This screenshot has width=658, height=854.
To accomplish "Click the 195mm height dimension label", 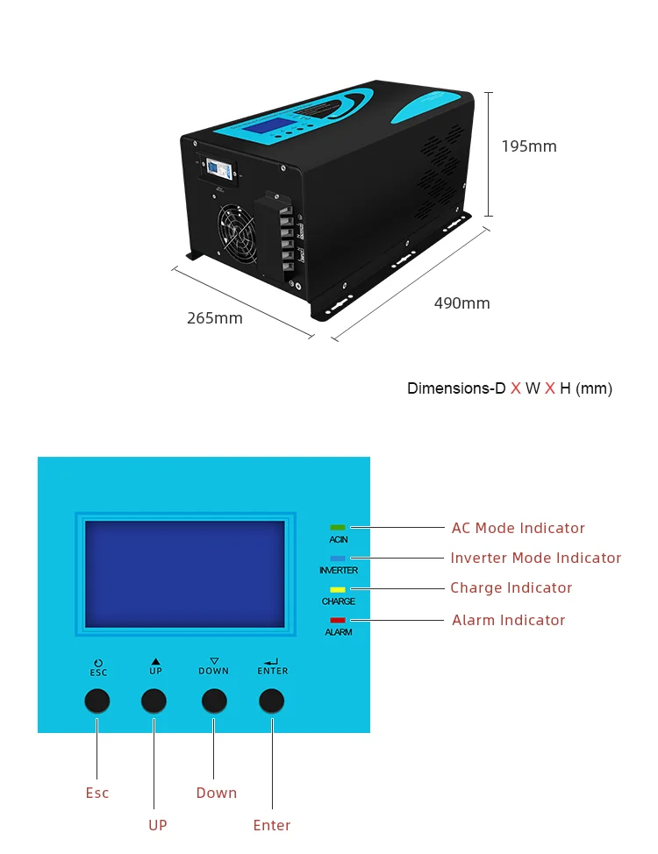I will pyautogui.click(x=529, y=146).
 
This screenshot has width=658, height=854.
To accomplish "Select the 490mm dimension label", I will pyautogui.click(x=462, y=303).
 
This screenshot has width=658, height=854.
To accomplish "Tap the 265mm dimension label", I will pyautogui.click(x=215, y=318).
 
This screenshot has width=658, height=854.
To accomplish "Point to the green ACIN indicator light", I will pyautogui.click(x=338, y=528).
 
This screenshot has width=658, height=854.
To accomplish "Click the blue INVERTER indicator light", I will pyautogui.click(x=338, y=559).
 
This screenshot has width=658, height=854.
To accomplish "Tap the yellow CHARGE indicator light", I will pyautogui.click(x=338, y=590).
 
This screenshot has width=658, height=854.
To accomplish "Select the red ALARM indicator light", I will pyautogui.click(x=338, y=621).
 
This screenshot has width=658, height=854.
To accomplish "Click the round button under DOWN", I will pyautogui.click(x=214, y=700).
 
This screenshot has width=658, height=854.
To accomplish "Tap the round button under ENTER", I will pyautogui.click(x=272, y=700).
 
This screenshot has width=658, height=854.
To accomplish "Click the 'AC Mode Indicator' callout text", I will pyautogui.click(x=518, y=528).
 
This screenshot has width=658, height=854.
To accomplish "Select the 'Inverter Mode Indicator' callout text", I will pyautogui.click(x=535, y=558).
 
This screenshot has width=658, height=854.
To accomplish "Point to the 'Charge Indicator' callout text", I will pyautogui.click(x=511, y=587).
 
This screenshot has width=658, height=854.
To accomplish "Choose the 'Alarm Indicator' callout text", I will pyautogui.click(x=508, y=620).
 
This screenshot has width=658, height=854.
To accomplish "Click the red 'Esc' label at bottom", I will pyautogui.click(x=97, y=793).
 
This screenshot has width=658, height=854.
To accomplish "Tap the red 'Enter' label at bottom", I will pyautogui.click(x=272, y=825).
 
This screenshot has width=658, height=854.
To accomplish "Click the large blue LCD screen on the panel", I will pyautogui.click(x=185, y=573).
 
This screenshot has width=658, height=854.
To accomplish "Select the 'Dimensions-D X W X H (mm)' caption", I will pyautogui.click(x=510, y=388).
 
